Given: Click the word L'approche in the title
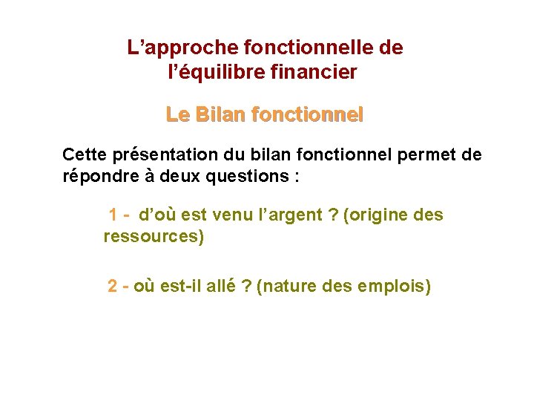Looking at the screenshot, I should coord(172,48).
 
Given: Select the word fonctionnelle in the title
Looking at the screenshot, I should coord(301,48).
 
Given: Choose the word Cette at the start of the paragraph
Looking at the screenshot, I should coord(85,154).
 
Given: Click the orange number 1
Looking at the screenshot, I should coord(114,215).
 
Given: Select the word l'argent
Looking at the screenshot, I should coord(271,215).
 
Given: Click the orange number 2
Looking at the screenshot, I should coord(112,286).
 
